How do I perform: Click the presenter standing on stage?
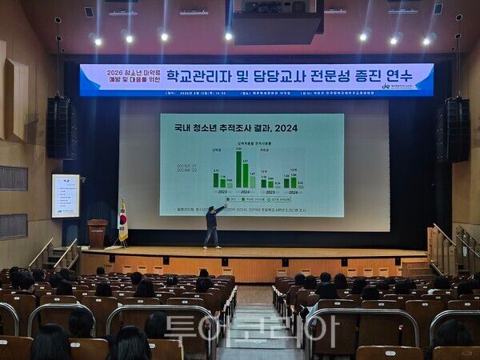(212, 226)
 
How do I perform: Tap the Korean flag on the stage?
(122, 221)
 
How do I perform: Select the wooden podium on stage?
(98, 233)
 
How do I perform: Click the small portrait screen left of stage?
(66, 196)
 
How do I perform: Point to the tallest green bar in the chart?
(238, 170)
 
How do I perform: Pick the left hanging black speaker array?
(61, 128)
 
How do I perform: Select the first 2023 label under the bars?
(222, 192)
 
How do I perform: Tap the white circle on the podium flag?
(122, 216)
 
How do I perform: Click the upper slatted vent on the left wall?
(13, 178)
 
